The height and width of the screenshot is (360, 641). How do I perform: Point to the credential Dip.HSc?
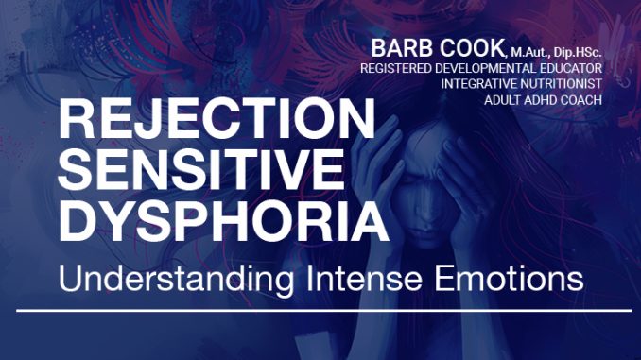point(578,53)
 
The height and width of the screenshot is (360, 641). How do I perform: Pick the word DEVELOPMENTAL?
point(482,68)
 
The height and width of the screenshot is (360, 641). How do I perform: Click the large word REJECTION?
point(217,118)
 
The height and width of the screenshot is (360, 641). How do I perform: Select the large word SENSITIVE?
point(201,169)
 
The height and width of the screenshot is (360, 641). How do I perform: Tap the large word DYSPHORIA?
point(224,220)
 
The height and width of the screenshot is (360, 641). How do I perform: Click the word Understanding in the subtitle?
point(176,280)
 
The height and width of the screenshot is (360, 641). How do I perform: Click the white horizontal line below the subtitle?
point(323,311)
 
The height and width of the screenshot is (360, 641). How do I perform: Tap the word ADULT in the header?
point(502,100)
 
